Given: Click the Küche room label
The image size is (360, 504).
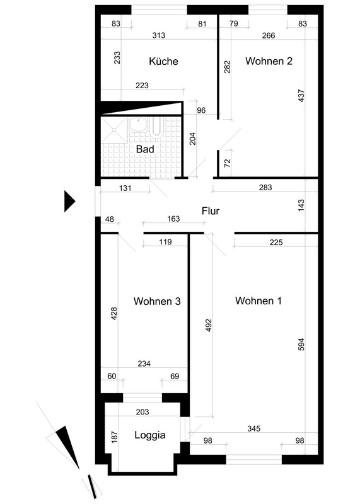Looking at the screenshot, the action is coord(163,61).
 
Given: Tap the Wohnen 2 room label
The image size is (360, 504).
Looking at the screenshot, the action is coord(269,60).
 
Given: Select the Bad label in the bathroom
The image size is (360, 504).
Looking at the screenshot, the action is coord(145,149).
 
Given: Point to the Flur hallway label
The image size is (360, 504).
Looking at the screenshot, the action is coord(211,211).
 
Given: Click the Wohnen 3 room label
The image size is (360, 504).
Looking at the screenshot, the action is coord(157,301).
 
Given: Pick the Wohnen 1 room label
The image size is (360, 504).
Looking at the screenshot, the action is coord(258,301).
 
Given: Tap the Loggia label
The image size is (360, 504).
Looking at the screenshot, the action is coord(150,435).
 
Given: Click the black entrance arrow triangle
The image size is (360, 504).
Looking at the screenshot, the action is coord(69,202).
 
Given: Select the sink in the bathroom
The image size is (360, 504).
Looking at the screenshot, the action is coord(139,124).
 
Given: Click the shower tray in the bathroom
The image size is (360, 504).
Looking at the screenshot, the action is coord(114,130).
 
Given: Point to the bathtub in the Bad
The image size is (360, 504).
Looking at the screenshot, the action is coord(157,127).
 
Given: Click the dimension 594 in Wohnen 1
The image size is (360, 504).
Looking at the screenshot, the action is coord(301,344).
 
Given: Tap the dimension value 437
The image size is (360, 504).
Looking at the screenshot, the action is coord(301,96).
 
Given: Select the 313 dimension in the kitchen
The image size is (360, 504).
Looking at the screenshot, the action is coord(159,35).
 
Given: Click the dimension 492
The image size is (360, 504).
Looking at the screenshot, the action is coord(209,325).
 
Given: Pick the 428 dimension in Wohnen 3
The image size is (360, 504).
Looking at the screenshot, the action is coord(114,314).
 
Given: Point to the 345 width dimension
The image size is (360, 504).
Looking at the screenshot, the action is coord(254,428).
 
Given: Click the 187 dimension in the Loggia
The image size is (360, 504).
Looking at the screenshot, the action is coord(115,437).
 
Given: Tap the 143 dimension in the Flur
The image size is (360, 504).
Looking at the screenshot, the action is coord(301,206).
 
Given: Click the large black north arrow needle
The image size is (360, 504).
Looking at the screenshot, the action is coord(67,448).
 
